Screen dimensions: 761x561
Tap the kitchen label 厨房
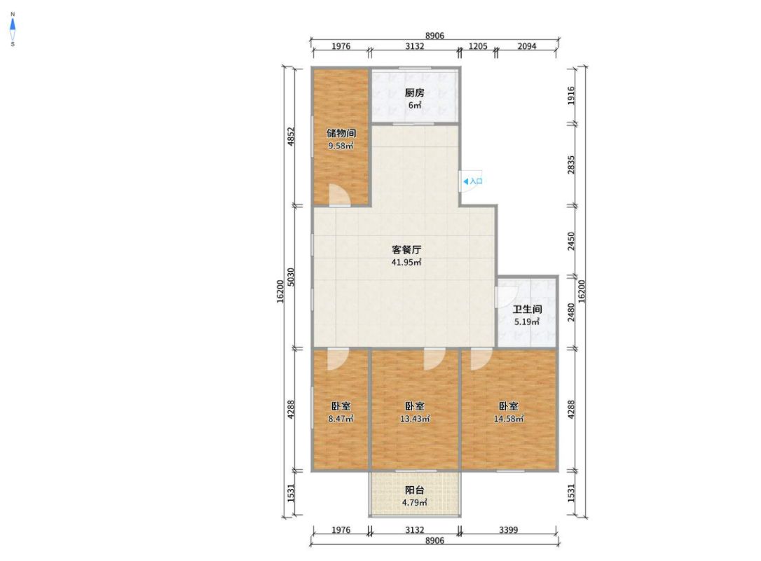pyautogui.click(x=414, y=92)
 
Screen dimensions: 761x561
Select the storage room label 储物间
pyautogui.click(x=341, y=133)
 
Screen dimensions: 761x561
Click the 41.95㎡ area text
pyautogui.click(x=406, y=263)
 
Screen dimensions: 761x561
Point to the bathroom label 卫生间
pyautogui.click(x=527, y=310)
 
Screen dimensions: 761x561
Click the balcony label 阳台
pyautogui.click(x=414, y=490)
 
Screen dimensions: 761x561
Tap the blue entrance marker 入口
pyautogui.click(x=473, y=181)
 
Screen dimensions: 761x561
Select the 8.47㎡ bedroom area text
pyautogui.click(x=341, y=419)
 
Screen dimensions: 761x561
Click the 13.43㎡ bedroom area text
pyautogui.click(x=414, y=419)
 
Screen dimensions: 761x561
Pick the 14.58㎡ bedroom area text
pyautogui.click(x=509, y=419)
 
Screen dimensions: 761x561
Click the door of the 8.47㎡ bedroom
pyautogui.click(x=337, y=359)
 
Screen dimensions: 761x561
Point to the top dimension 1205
pyautogui.click(x=478, y=46)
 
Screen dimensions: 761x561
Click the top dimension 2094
pyautogui.click(x=526, y=46)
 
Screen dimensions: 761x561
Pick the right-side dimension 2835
pyautogui.click(x=571, y=165)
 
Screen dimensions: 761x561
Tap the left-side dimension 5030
pyautogui.click(x=291, y=277)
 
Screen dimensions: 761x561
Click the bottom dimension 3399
pyautogui.click(x=508, y=530)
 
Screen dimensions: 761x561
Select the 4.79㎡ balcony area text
pyautogui.click(x=414, y=503)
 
